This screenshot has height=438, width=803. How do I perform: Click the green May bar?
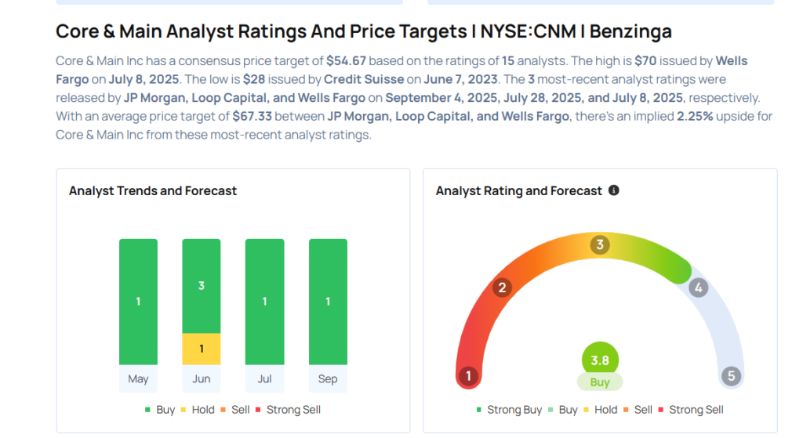click(x=138, y=302)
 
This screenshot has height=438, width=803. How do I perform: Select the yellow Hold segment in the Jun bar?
click(x=202, y=349)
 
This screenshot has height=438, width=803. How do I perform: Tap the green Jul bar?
click(x=264, y=302)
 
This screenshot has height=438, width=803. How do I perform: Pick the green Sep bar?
click(x=328, y=302)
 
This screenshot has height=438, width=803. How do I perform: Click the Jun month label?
click(x=202, y=379)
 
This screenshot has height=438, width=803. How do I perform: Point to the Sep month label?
click(x=328, y=379)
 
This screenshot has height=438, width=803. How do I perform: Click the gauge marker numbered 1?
click(x=468, y=376)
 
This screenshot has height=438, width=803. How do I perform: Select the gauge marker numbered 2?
click(x=502, y=288)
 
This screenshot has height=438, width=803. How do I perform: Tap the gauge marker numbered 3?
click(x=600, y=245)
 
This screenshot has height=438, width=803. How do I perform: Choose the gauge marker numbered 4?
click(x=698, y=288)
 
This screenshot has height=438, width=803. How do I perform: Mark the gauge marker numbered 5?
click(x=732, y=376)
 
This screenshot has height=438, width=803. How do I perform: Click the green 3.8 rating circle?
click(x=600, y=361)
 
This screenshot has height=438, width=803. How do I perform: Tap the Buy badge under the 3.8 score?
click(x=600, y=382)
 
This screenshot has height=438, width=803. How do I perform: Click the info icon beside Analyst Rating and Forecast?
click(x=614, y=190)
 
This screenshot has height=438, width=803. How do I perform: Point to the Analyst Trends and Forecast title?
click(x=153, y=190)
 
